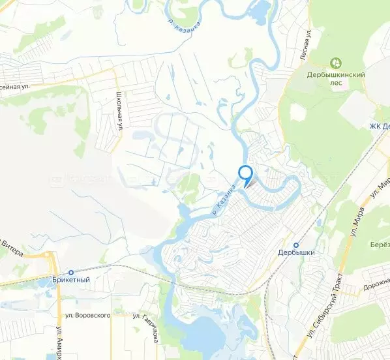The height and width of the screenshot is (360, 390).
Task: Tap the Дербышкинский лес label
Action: point(336,78)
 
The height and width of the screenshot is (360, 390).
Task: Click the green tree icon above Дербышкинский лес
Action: point(337,63)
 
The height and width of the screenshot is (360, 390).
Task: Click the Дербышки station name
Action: point(296,252)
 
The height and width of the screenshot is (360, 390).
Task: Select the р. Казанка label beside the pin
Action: point(223,199)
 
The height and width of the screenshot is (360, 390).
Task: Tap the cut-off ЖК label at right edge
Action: point(378,126)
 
